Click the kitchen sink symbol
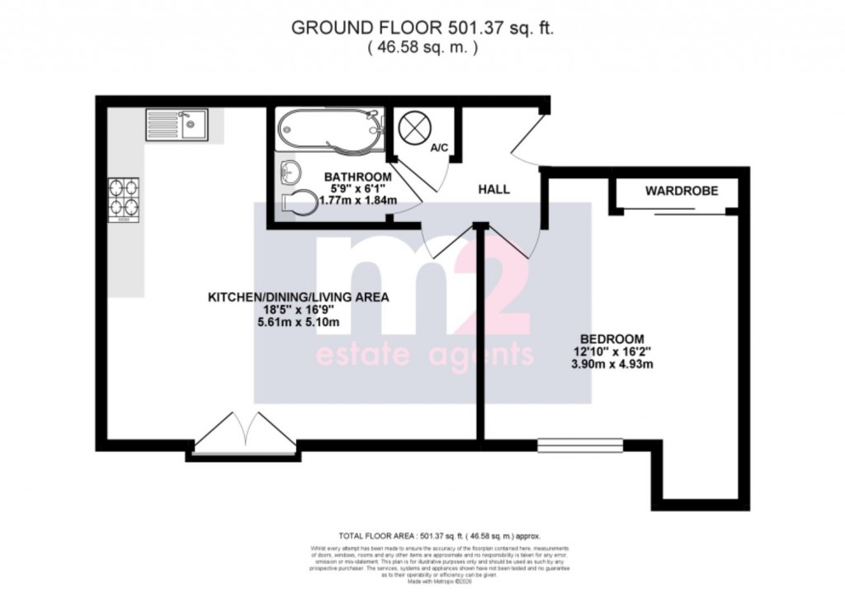click(x=177, y=125)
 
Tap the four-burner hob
click(x=122, y=201)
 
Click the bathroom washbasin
click(x=290, y=172)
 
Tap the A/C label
click(x=439, y=148)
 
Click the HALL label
click(x=494, y=189)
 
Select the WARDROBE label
click(x=681, y=191)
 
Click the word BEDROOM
click(x=611, y=338)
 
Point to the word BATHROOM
click(x=357, y=177)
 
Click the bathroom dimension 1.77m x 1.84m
click(x=357, y=201)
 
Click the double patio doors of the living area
click(x=244, y=435)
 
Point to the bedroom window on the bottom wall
click(x=579, y=446)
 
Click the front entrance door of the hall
click(x=526, y=135)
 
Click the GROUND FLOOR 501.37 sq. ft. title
click(x=422, y=28)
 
